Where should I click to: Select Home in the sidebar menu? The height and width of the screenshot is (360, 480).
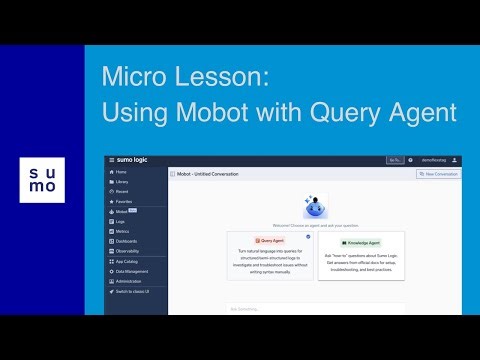coord(121,172)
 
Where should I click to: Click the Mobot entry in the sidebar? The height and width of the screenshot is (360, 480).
coord(122,212)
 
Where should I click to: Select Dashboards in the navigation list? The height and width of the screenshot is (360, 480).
coord(127,241)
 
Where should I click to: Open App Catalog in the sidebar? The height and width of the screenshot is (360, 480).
coord(128,260)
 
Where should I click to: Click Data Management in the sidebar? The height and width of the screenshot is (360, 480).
coord(132,270)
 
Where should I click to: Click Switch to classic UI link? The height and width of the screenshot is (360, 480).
coord(133,290)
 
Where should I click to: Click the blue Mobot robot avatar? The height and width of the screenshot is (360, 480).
coord(315,206)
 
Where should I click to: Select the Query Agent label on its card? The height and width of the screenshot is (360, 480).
coord(268,241)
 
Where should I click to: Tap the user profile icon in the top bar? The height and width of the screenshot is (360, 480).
coord(455,160)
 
